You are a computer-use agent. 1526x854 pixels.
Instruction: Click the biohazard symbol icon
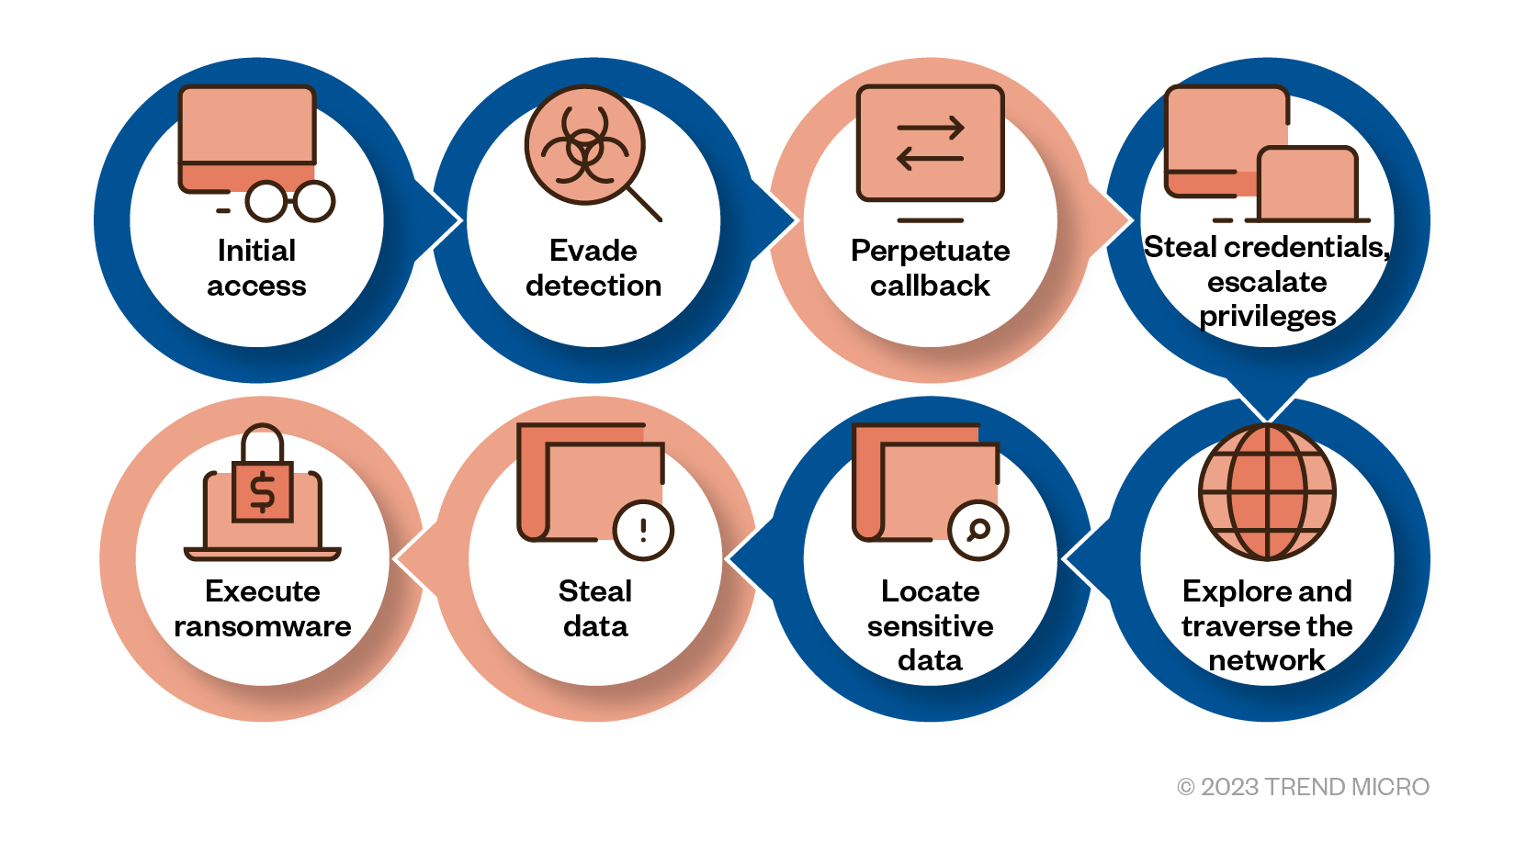point(584,145)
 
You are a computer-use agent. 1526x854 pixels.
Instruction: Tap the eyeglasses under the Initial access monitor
point(290,201)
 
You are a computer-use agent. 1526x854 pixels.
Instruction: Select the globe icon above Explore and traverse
point(1267,492)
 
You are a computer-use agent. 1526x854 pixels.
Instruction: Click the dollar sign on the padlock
point(263,492)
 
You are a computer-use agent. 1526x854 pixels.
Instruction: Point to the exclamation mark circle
point(643,531)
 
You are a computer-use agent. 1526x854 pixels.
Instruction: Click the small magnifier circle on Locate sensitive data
point(978,530)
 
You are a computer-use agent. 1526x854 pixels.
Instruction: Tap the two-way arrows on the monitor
point(930,143)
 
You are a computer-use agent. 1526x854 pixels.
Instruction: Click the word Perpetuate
point(930,251)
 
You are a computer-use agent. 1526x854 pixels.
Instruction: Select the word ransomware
point(263,626)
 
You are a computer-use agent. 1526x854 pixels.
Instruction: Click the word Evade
point(593,251)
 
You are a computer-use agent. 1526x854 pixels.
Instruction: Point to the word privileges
point(1267,316)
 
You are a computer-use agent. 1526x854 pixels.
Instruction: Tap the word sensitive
point(930,626)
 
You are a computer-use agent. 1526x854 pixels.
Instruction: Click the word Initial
point(256,251)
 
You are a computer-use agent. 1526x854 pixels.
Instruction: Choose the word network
point(1267,660)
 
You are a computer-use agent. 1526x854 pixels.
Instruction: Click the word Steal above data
point(595,591)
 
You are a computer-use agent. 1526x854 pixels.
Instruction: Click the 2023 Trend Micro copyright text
point(1303,787)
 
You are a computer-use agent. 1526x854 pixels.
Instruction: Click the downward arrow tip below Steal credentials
point(1267,415)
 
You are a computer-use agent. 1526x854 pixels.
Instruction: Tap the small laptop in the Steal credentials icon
point(1307,185)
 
